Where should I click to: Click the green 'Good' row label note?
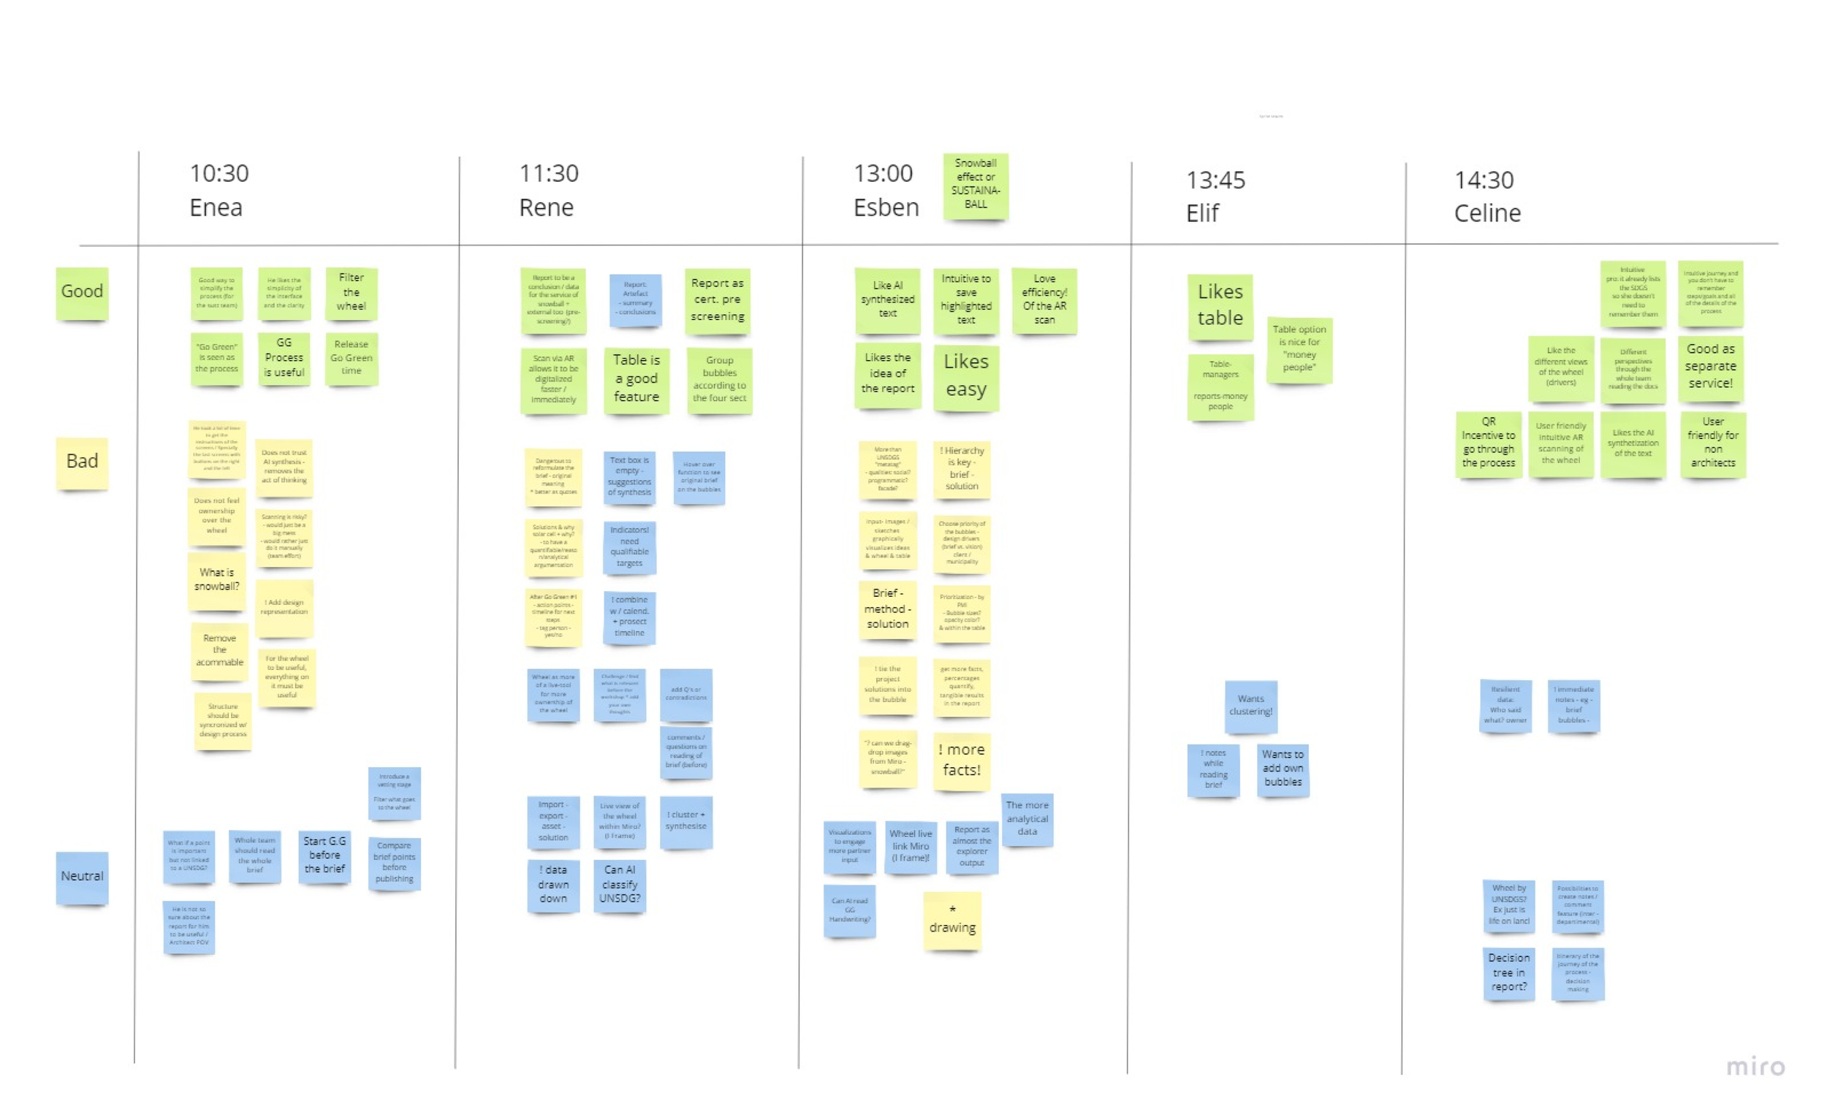click(x=82, y=293)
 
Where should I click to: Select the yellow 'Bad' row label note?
click(x=82, y=462)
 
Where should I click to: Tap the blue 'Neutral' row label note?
click(x=82, y=877)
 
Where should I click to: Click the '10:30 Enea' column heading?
click(x=219, y=190)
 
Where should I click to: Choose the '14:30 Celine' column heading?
click(x=1486, y=197)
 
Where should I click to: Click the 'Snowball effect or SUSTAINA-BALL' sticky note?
click(x=975, y=186)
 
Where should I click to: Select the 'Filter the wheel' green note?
click(x=351, y=293)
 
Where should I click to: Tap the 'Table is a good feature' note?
click(x=636, y=378)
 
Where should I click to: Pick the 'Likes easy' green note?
click(x=965, y=375)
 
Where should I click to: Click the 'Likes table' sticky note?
click(x=1220, y=306)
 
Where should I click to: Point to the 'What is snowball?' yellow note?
click(x=216, y=580)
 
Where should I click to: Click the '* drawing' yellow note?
click(x=952, y=920)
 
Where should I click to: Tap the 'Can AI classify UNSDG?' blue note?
click(x=619, y=885)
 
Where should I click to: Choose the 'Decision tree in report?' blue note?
click(x=1508, y=973)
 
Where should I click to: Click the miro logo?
click(x=1755, y=1067)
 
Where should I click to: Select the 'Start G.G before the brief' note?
click(x=324, y=856)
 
